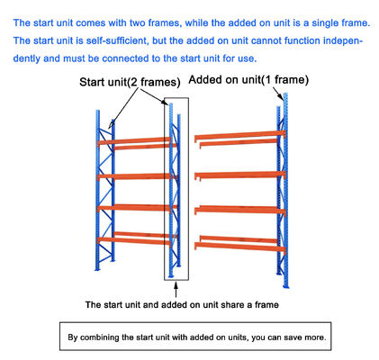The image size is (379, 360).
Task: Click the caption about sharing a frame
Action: [x=181, y=304]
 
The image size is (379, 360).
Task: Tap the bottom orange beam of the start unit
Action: [x=135, y=238]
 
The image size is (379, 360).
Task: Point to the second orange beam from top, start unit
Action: [x=135, y=175]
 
